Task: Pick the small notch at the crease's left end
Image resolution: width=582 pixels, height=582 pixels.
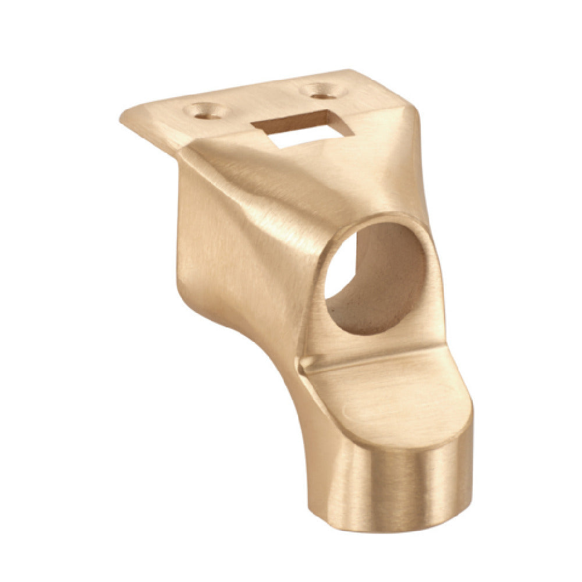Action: (x=303, y=365)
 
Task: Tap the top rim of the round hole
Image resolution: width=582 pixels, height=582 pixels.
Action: (x=378, y=219)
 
